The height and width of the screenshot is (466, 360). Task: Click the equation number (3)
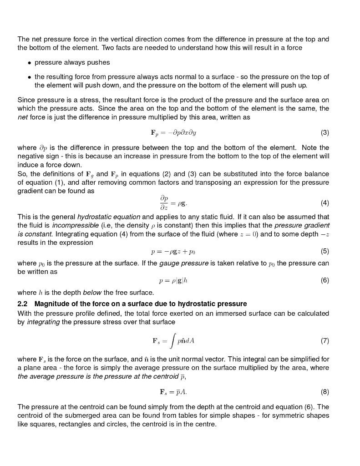tap(325, 133)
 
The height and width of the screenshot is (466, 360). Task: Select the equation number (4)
tap(325, 203)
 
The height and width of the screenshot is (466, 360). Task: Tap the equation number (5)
tap(325, 251)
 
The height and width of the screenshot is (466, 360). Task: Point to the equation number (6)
tap(325, 280)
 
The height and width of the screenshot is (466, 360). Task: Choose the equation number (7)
tap(325, 340)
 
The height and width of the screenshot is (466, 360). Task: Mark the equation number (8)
tap(325, 391)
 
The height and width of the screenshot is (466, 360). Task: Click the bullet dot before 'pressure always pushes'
tap(29, 62)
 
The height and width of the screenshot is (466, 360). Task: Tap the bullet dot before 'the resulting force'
tap(29, 77)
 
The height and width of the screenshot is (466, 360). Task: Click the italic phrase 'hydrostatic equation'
tap(109, 217)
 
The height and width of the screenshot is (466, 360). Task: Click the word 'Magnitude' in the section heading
tap(51, 304)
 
